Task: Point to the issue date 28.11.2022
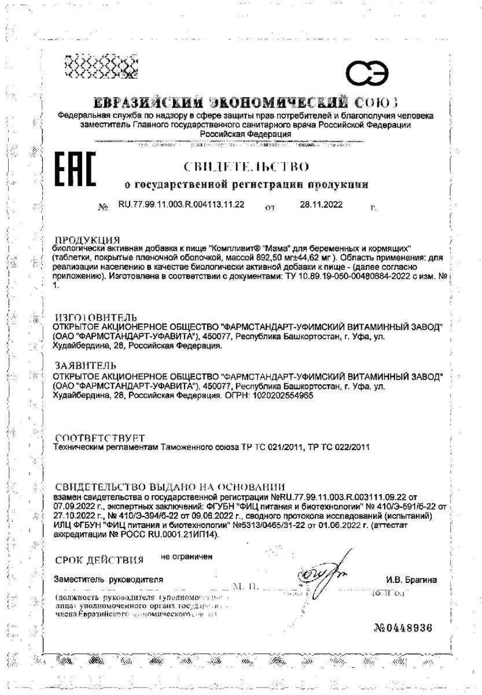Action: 322,204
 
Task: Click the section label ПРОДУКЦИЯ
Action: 86,239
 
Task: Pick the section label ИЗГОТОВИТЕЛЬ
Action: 95,317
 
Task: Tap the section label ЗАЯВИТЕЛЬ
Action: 84,366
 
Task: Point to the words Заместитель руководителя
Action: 108,578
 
